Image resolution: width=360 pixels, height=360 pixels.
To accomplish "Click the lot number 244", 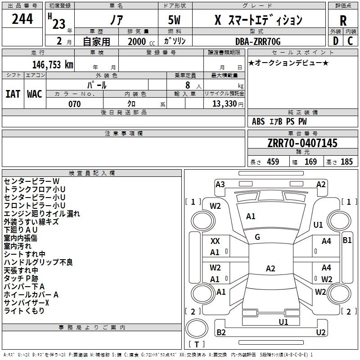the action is coord(22,19).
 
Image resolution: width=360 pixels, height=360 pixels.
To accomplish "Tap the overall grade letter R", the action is coord(343,21).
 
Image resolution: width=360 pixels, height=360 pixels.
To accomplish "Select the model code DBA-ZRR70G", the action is coord(258,41).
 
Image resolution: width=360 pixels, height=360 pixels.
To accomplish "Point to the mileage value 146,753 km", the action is coord(53,65).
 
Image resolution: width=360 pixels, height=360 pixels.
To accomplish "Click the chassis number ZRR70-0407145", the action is coord(302,143).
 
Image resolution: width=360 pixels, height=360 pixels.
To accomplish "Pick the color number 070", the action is coord(74,104).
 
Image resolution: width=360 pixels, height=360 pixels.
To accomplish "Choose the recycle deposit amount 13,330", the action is coord(225,104).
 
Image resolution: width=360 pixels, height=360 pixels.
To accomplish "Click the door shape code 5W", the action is coord(174,20).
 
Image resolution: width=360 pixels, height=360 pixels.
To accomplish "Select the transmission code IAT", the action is coord(13,94).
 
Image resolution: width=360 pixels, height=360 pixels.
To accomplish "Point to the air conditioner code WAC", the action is coord(35,94).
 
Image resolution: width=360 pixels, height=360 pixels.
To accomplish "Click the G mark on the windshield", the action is coord(257,237).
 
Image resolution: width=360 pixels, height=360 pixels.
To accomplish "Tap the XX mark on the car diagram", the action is coord(215,241).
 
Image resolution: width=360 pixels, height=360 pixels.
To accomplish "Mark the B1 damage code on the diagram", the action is coord(347,240).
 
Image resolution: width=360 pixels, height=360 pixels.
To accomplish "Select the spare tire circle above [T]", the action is coord(197,328).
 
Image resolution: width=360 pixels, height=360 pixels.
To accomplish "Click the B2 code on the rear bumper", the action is coord(221,332).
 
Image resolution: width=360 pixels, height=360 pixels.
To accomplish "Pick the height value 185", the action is coord(346,162).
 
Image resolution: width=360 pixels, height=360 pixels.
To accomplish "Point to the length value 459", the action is coord(273,162).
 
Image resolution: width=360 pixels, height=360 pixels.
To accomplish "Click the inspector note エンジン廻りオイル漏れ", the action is coord(42,213).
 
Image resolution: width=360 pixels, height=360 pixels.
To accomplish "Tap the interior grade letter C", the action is coord(350,41).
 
